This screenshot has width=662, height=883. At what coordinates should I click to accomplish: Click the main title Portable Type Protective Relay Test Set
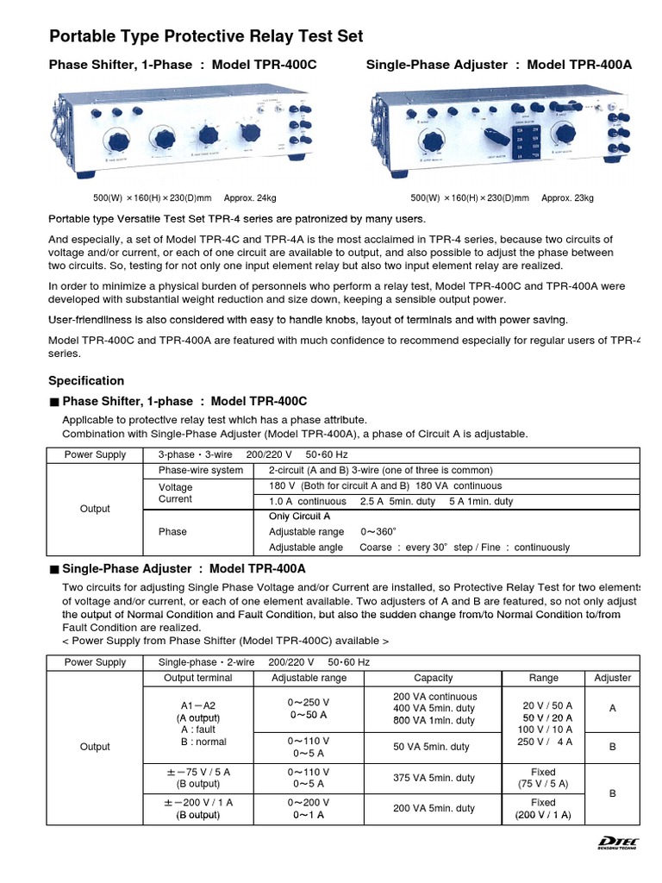[207, 36]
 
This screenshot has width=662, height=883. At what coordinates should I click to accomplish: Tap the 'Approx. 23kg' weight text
[567, 198]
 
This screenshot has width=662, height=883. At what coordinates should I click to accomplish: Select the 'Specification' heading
[86, 380]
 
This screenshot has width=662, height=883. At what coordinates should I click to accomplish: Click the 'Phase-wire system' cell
[200, 470]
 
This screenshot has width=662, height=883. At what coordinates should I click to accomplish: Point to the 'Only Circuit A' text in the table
[299, 516]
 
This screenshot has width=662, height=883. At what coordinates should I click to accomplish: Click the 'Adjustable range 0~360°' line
[322, 531]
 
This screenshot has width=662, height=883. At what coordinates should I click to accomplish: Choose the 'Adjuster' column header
[613, 678]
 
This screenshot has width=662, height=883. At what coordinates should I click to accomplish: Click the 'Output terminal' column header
[197, 678]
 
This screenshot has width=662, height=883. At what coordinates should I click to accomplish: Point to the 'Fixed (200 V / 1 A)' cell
[543, 808]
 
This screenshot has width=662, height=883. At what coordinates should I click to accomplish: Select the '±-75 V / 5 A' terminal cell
[197, 778]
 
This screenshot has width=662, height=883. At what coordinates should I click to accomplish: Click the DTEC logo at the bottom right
[617, 843]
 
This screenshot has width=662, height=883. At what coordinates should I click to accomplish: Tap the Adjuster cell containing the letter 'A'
[613, 708]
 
